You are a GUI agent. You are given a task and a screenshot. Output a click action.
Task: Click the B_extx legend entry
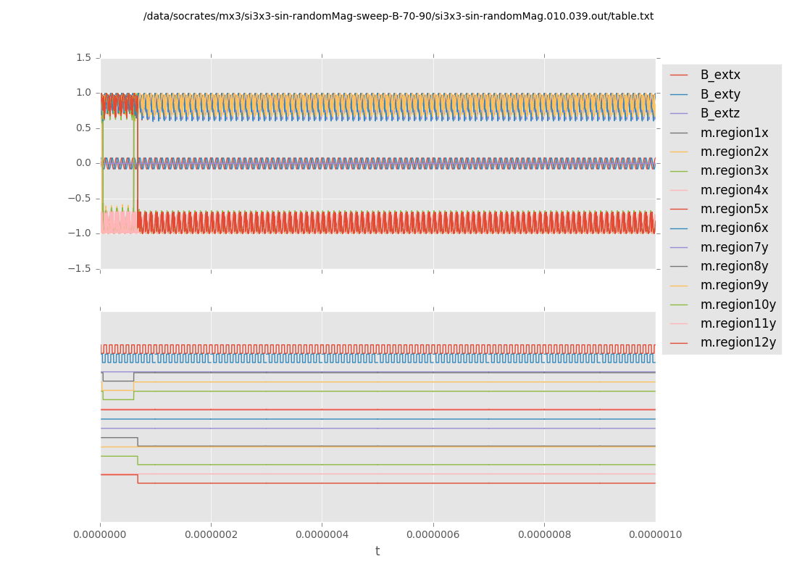[x=719, y=75]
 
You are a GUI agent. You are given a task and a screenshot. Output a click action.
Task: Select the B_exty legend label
[x=719, y=94]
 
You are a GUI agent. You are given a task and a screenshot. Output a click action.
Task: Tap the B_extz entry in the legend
[x=719, y=113]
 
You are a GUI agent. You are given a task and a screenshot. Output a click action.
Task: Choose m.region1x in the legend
[x=734, y=133]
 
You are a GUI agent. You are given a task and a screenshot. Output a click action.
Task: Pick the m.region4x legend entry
[x=734, y=190]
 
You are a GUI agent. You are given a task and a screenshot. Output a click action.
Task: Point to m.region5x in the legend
[x=734, y=209]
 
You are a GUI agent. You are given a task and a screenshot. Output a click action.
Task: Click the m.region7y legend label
[x=734, y=247]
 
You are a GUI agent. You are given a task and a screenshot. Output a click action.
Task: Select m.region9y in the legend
[x=734, y=285]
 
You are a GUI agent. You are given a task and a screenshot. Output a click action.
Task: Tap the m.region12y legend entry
[x=738, y=342]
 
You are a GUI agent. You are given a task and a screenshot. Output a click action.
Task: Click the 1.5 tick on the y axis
[x=83, y=57]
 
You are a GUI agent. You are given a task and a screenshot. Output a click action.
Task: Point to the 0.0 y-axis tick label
[x=83, y=163]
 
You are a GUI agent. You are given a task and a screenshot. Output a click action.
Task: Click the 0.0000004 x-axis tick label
[x=322, y=534]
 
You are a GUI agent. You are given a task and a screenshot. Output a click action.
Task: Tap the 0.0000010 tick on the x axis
[x=655, y=534]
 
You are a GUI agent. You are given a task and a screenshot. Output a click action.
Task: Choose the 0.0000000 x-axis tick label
[x=101, y=534]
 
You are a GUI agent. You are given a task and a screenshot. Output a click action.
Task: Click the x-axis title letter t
[x=377, y=551]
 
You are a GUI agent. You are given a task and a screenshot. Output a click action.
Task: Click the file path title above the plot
[x=398, y=16]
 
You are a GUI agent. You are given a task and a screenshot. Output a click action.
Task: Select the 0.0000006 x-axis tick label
[x=433, y=534]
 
